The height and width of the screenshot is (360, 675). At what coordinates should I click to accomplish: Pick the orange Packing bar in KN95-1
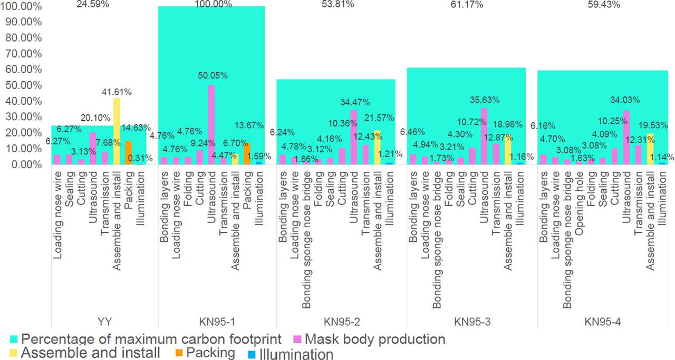click(247, 154)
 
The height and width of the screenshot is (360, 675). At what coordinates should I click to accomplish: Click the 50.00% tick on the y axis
click(23, 85)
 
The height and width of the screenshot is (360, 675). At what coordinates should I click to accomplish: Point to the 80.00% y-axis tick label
click(23, 38)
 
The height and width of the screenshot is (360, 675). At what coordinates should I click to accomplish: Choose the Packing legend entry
click(214, 353)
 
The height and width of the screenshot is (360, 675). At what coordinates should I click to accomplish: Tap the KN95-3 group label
click(471, 321)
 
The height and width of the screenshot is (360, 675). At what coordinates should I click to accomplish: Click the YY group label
click(104, 321)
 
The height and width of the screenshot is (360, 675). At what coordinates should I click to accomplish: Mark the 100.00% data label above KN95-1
click(211, 4)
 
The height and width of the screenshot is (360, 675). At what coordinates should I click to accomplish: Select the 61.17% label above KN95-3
click(471, 4)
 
